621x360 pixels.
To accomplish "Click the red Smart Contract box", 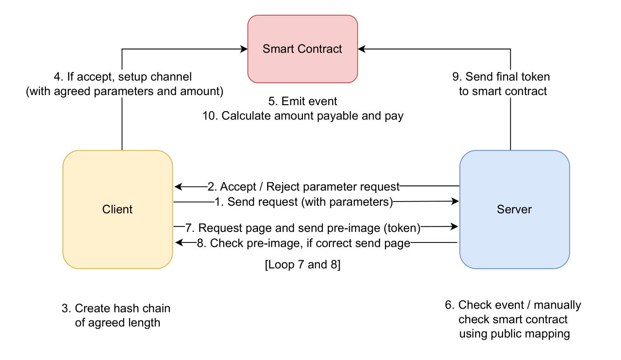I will tap(302, 49).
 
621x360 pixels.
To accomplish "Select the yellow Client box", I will tap(117, 209).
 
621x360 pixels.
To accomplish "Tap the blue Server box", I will tap(515, 209).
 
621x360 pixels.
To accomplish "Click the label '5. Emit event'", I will tap(303, 101).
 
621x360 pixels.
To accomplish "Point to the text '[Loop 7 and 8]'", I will tap(302, 265).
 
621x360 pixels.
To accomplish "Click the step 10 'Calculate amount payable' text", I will tap(303, 116).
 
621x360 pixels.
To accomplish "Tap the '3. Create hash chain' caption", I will tap(116, 308).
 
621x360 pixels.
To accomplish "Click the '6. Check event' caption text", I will tap(513, 305).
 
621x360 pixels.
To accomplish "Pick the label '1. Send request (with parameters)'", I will tap(303, 202).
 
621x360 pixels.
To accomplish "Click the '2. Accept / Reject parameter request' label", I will tap(303, 186).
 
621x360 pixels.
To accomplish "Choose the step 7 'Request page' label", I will tap(303, 228).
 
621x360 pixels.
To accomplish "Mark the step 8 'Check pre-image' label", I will tap(303, 243).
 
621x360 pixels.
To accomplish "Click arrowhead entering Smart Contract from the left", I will tap(244, 49).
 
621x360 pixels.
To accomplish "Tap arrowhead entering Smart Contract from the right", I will tap(362, 49).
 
